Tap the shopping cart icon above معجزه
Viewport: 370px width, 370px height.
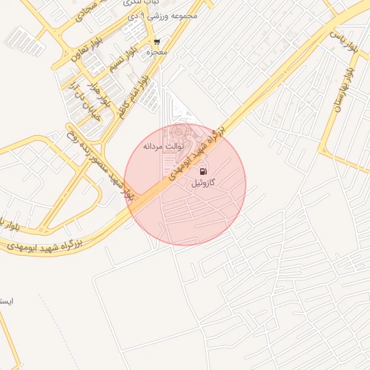[157, 42]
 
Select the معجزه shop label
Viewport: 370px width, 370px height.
[157, 52]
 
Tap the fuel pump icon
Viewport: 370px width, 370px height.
[203, 171]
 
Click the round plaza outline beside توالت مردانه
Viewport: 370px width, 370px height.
[178, 132]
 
